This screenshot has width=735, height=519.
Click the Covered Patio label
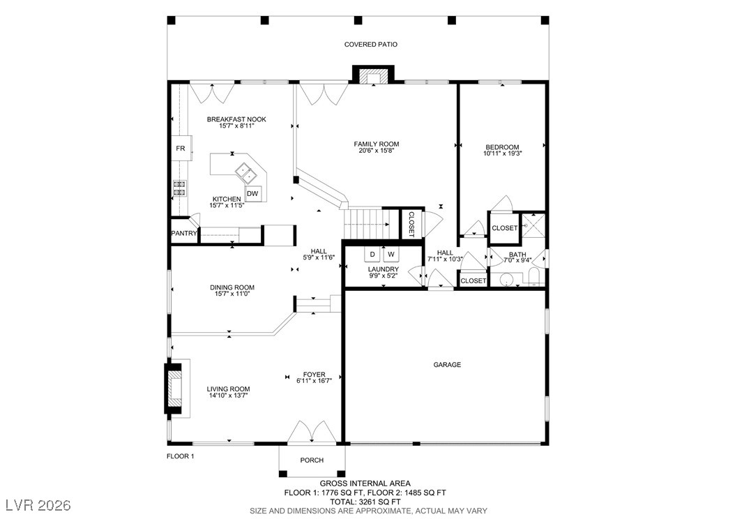[x=370, y=45]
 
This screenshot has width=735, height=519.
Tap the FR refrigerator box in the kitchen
[x=180, y=149]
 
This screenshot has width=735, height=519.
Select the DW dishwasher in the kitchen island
[x=252, y=194]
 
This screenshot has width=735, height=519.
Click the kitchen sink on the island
[x=245, y=171]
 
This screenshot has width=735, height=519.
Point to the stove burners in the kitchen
[x=179, y=188]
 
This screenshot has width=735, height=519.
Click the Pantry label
[x=183, y=234]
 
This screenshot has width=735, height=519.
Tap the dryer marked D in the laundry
[x=372, y=254]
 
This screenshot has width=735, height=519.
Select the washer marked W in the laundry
[x=391, y=254]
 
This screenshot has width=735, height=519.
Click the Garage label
[x=446, y=365]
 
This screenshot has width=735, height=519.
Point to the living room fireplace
[x=176, y=388]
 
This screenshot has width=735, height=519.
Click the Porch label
[x=311, y=460]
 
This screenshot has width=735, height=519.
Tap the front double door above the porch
[x=311, y=432]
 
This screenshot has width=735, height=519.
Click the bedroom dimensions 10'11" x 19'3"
[x=502, y=153]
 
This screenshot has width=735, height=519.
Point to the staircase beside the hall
[x=365, y=224]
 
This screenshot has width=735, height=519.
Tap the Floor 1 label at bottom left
[x=180, y=456]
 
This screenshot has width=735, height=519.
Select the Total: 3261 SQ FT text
[x=365, y=502]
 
